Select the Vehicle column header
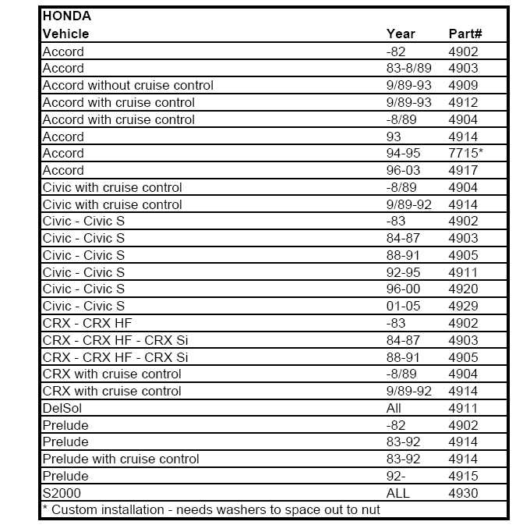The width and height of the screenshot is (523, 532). pyautogui.click(x=65, y=34)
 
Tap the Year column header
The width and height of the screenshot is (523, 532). pyautogui.click(x=401, y=34)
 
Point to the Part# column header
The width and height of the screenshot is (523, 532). pyautogui.click(x=465, y=34)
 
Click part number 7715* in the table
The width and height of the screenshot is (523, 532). pyautogui.click(x=465, y=153)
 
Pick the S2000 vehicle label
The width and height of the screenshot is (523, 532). pyautogui.click(x=62, y=493)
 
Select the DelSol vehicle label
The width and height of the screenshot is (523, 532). pyautogui.click(x=62, y=408)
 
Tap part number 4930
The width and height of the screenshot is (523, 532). pyautogui.click(x=464, y=493)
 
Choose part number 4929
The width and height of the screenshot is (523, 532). pyautogui.click(x=464, y=306)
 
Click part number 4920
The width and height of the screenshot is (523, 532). pyautogui.click(x=464, y=289)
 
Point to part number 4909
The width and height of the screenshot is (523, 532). pyautogui.click(x=464, y=85)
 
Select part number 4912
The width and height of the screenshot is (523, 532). pyautogui.click(x=464, y=102)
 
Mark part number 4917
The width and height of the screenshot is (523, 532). pyautogui.click(x=464, y=170)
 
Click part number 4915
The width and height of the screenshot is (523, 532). pyautogui.click(x=464, y=476)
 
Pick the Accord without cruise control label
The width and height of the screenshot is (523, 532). pyautogui.click(x=128, y=85)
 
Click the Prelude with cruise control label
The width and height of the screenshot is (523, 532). pyautogui.click(x=121, y=459)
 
